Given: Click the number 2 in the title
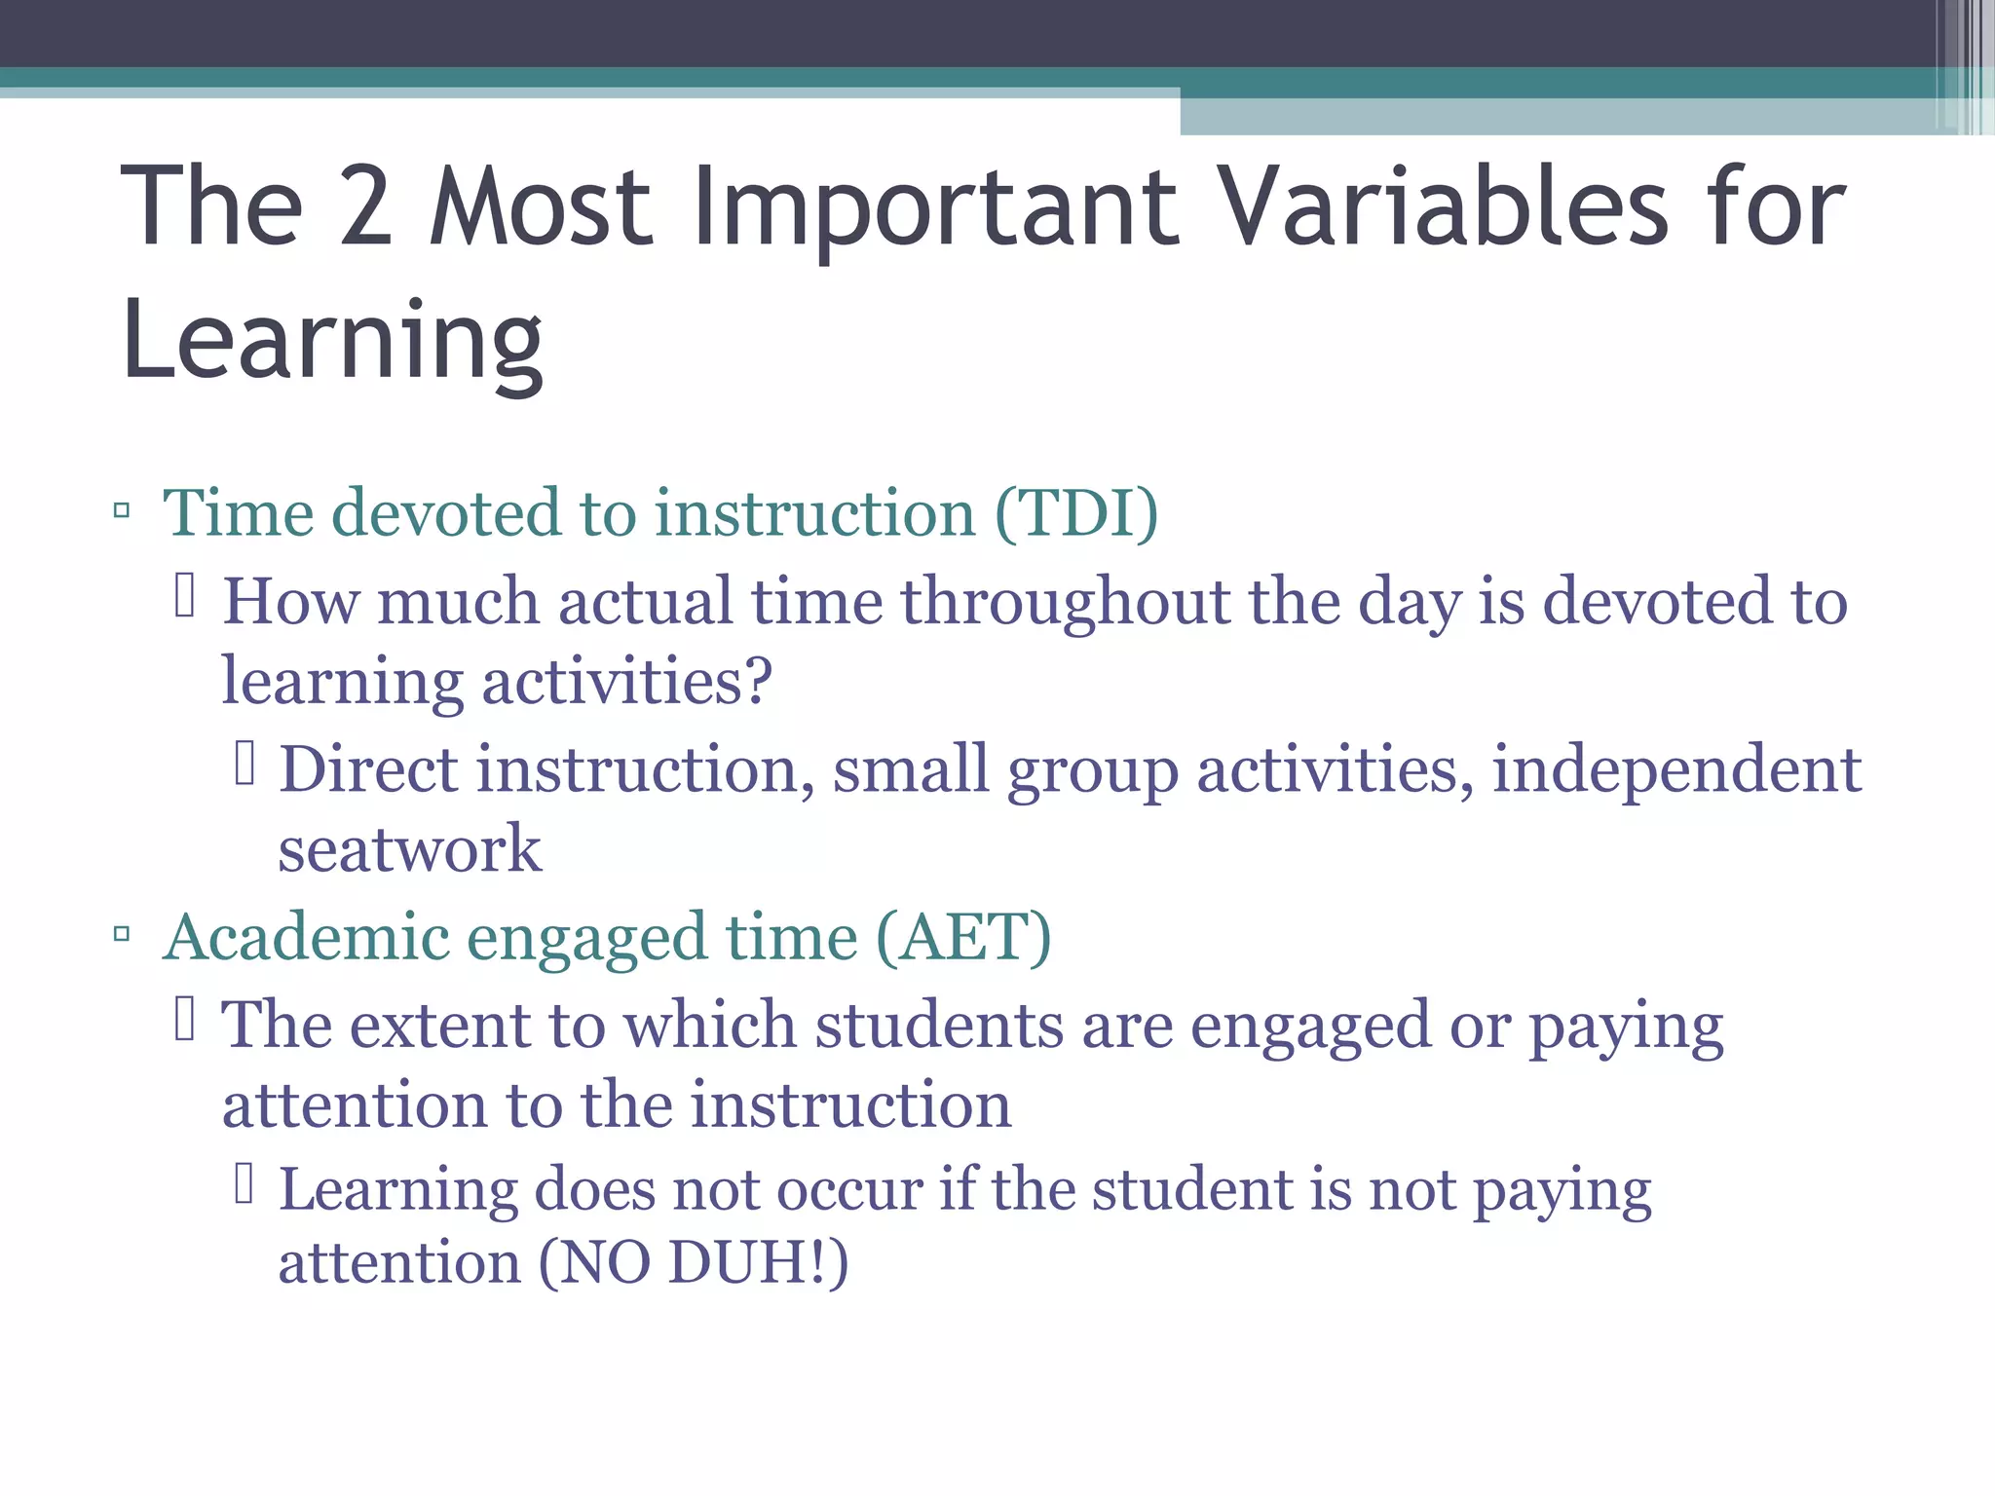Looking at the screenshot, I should tap(366, 206).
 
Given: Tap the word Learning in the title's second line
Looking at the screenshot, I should tap(332, 341).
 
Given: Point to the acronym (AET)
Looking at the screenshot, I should tap(963, 937).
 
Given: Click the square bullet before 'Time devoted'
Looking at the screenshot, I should tap(122, 509).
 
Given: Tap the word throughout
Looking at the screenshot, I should tap(1065, 602).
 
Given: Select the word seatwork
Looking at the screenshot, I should tap(409, 849).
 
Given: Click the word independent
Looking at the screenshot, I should tap(1676, 769).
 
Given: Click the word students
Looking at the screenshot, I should tap(939, 1025).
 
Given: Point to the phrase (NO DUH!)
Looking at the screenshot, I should tap(694, 1262).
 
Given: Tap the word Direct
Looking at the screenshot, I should tap(368, 769).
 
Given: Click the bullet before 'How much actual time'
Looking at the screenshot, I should tap(185, 596).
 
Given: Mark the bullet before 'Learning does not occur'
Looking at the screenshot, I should tap(244, 1184).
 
